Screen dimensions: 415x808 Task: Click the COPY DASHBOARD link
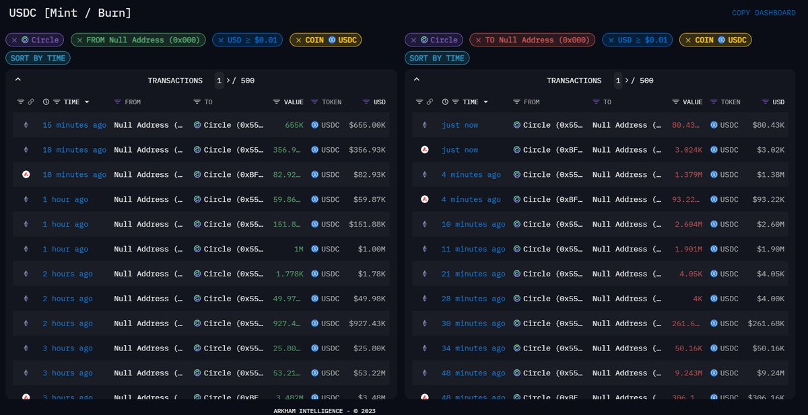click(764, 13)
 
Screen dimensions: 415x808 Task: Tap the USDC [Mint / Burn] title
click(70, 13)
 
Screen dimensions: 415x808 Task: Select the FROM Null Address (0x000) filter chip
click(138, 40)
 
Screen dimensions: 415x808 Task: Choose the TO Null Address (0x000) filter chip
click(532, 40)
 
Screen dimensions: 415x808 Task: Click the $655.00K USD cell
click(367, 125)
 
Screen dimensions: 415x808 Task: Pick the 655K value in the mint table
click(294, 125)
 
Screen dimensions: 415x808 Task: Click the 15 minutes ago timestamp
click(74, 125)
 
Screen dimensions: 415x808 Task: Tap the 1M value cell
click(298, 250)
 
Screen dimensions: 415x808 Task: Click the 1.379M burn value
click(689, 175)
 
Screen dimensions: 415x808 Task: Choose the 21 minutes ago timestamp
click(473, 274)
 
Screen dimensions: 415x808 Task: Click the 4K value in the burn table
click(698, 299)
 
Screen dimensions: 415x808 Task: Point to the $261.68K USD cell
click(766, 324)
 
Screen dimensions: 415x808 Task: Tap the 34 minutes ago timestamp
click(473, 348)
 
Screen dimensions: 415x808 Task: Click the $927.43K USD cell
click(367, 324)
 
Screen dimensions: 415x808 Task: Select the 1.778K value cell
click(290, 274)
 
